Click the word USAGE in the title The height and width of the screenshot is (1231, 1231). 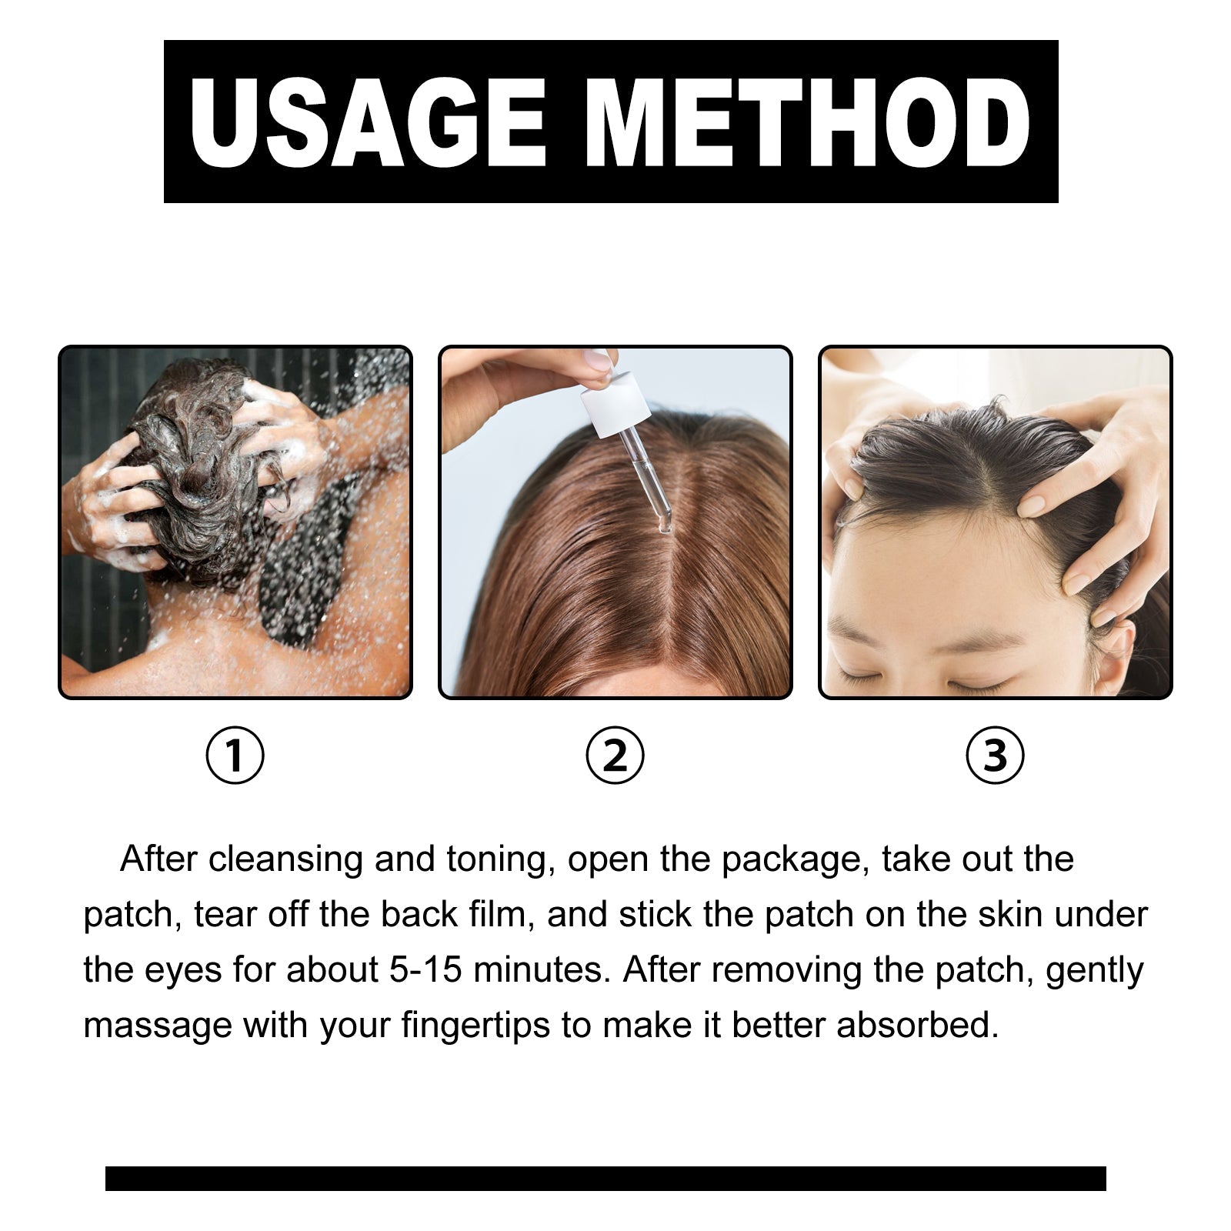(368, 123)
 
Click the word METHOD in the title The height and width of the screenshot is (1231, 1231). (812, 123)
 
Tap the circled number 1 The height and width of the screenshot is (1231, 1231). (235, 755)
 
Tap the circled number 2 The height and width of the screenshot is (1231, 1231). (615, 755)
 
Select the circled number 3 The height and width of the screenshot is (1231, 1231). (995, 755)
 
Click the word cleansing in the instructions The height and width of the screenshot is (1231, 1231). (285, 859)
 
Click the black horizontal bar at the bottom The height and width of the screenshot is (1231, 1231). (605, 1178)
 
